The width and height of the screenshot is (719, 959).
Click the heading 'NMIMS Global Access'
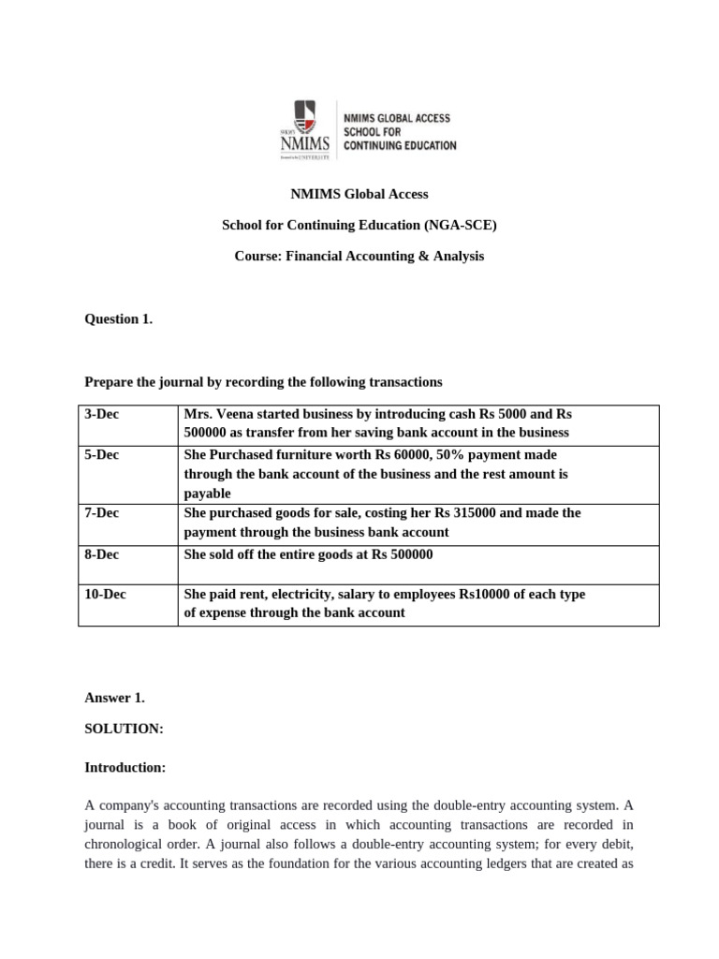click(359, 194)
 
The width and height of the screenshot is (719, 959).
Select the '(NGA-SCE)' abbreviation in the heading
click(461, 225)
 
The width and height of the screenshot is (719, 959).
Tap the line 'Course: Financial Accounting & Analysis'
click(359, 256)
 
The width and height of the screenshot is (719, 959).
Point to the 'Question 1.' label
click(118, 318)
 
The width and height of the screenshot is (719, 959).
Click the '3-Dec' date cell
click(102, 414)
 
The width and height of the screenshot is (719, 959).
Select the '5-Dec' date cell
click(102, 454)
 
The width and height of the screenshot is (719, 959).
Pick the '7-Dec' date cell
click(102, 513)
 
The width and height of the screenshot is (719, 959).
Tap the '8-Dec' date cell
click(102, 553)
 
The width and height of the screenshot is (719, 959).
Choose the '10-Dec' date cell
click(105, 594)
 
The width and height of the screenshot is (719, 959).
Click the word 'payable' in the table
click(207, 494)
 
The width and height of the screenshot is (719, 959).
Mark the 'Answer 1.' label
click(114, 698)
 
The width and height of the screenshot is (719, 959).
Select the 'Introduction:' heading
click(125, 767)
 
